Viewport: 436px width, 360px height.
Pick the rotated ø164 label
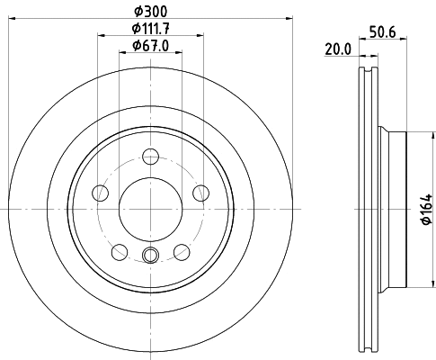[x=427, y=209]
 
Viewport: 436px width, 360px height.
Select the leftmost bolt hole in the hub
[x=101, y=193]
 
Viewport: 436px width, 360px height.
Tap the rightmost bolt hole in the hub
[x=200, y=193]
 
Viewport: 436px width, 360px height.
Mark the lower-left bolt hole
[x=119, y=251]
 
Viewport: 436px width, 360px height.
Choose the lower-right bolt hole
[x=182, y=251]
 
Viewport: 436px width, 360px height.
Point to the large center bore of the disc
[x=150, y=209]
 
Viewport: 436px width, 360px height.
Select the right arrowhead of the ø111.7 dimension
[x=200, y=37]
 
